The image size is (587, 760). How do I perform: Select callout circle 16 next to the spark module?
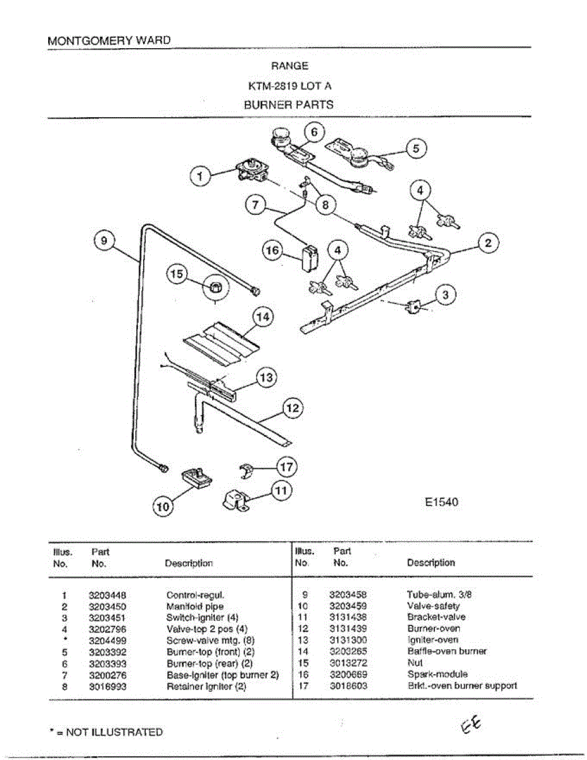[273, 251]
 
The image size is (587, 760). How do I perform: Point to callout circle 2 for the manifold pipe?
[488, 243]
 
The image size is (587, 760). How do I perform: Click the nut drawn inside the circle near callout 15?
[215, 288]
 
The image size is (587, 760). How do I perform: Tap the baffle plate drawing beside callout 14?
[222, 342]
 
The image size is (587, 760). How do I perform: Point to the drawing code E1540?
[441, 502]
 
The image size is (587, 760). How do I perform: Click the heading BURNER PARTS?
[289, 104]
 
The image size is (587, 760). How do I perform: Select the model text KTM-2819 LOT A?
[289, 85]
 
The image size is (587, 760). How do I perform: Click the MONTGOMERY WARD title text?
[109, 40]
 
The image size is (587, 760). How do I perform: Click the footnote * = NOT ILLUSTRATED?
[106, 732]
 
